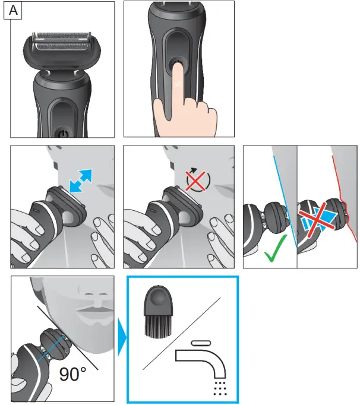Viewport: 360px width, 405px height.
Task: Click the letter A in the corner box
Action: [12, 12]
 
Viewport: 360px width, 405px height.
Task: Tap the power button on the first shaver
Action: [63, 132]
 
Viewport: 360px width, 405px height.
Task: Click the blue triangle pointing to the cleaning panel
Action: [122, 340]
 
